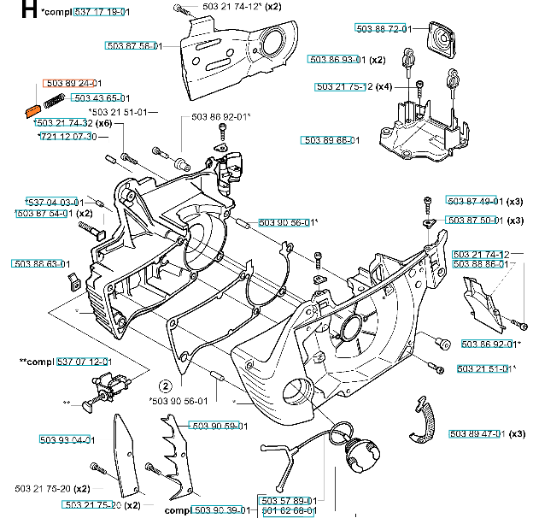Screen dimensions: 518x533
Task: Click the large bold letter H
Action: click(28, 11)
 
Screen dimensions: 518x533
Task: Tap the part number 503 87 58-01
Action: click(133, 45)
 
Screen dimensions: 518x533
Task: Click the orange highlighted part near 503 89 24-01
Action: click(31, 109)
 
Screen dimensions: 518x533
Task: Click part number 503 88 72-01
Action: click(385, 30)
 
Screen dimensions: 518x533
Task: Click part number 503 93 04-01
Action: click(66, 440)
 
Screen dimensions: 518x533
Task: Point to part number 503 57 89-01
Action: click(287, 501)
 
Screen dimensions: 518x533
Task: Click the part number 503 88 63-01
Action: click(40, 264)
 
